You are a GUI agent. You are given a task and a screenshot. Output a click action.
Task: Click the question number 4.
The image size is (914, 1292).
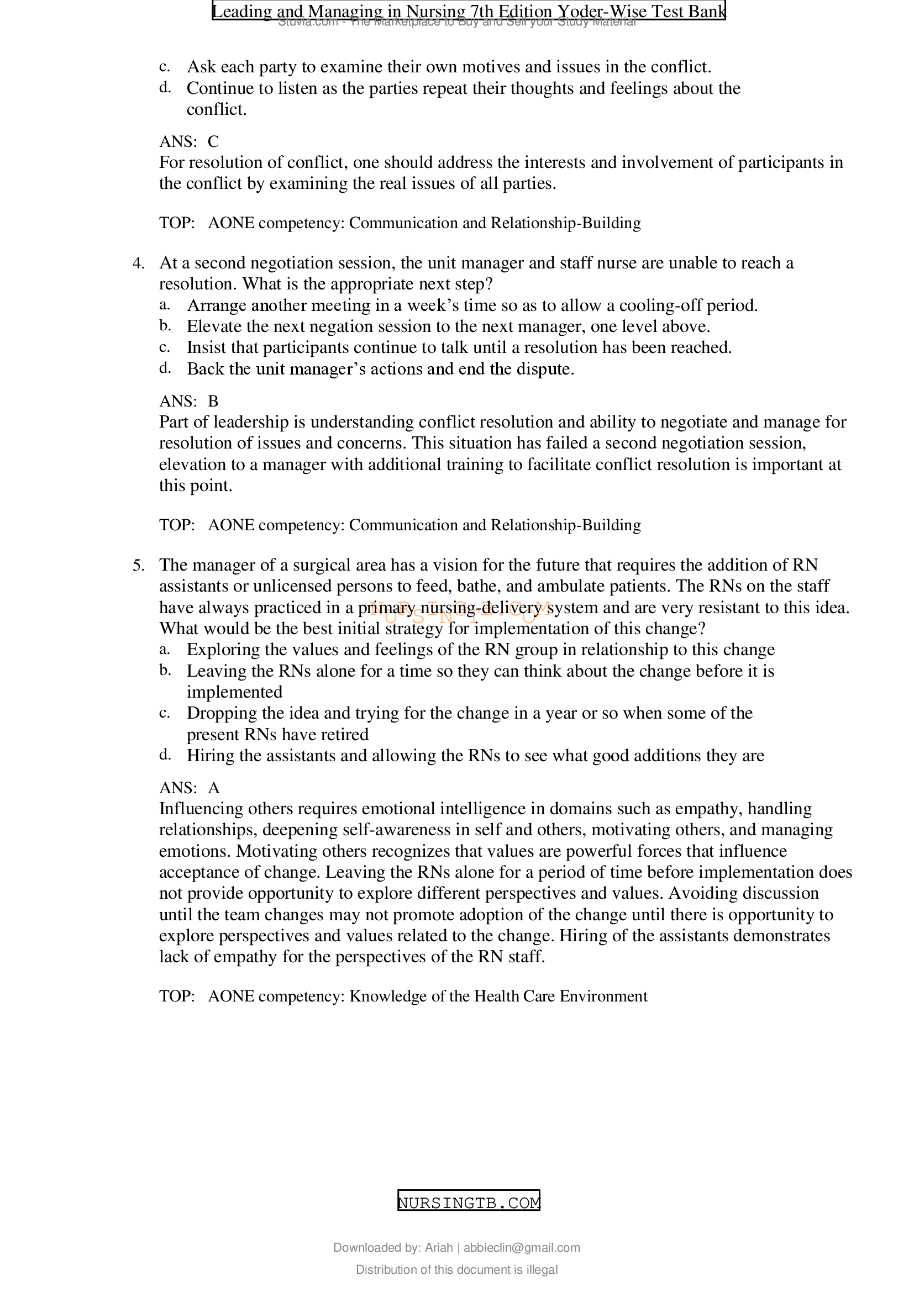click(138, 263)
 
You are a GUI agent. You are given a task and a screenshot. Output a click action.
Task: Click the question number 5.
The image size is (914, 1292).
click(138, 566)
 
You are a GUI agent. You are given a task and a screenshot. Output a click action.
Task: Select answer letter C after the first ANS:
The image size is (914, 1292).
click(213, 141)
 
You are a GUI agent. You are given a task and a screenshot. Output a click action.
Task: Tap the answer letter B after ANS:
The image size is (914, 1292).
click(213, 401)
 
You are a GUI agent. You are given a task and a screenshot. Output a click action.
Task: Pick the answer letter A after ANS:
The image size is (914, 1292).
click(213, 788)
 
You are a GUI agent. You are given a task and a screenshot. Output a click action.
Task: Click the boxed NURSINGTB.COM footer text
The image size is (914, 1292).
click(468, 1203)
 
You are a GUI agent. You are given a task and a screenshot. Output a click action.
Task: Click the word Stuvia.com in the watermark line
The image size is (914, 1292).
click(307, 22)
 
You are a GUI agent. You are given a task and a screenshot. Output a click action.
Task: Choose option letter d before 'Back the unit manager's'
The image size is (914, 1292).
click(164, 368)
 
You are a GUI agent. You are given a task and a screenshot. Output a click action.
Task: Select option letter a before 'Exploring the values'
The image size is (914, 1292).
click(164, 650)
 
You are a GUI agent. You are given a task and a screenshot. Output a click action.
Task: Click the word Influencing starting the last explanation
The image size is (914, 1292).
click(201, 809)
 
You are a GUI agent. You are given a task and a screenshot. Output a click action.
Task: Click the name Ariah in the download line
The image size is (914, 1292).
click(438, 1248)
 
